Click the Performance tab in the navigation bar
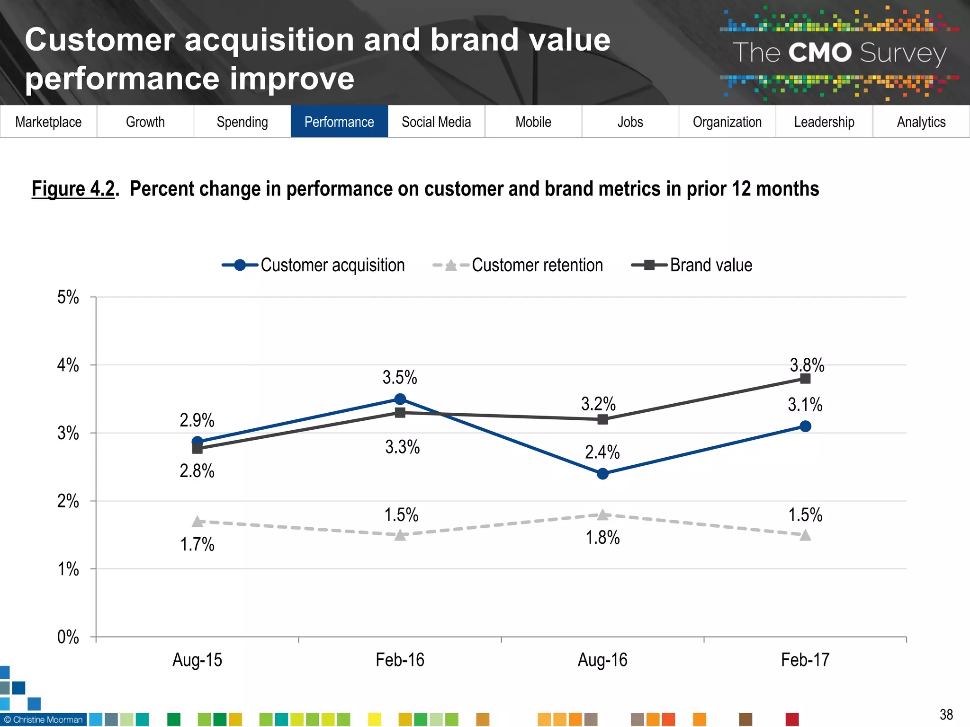(339, 122)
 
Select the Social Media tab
(436, 122)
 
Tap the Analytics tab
(921, 122)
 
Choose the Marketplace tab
(48, 122)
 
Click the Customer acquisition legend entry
(314, 265)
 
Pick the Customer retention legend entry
(518, 265)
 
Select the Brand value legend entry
(692, 265)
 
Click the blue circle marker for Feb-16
(400, 399)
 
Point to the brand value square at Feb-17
(805, 379)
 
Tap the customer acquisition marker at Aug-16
(602, 474)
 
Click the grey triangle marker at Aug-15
(198, 522)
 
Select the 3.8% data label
(807, 365)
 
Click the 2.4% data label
(602, 452)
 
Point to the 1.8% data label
(602, 538)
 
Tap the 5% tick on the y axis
(68, 297)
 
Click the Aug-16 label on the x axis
(602, 659)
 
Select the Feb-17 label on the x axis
(805, 659)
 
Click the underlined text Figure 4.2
(73, 189)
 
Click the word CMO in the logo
(820, 53)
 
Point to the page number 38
(946, 714)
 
